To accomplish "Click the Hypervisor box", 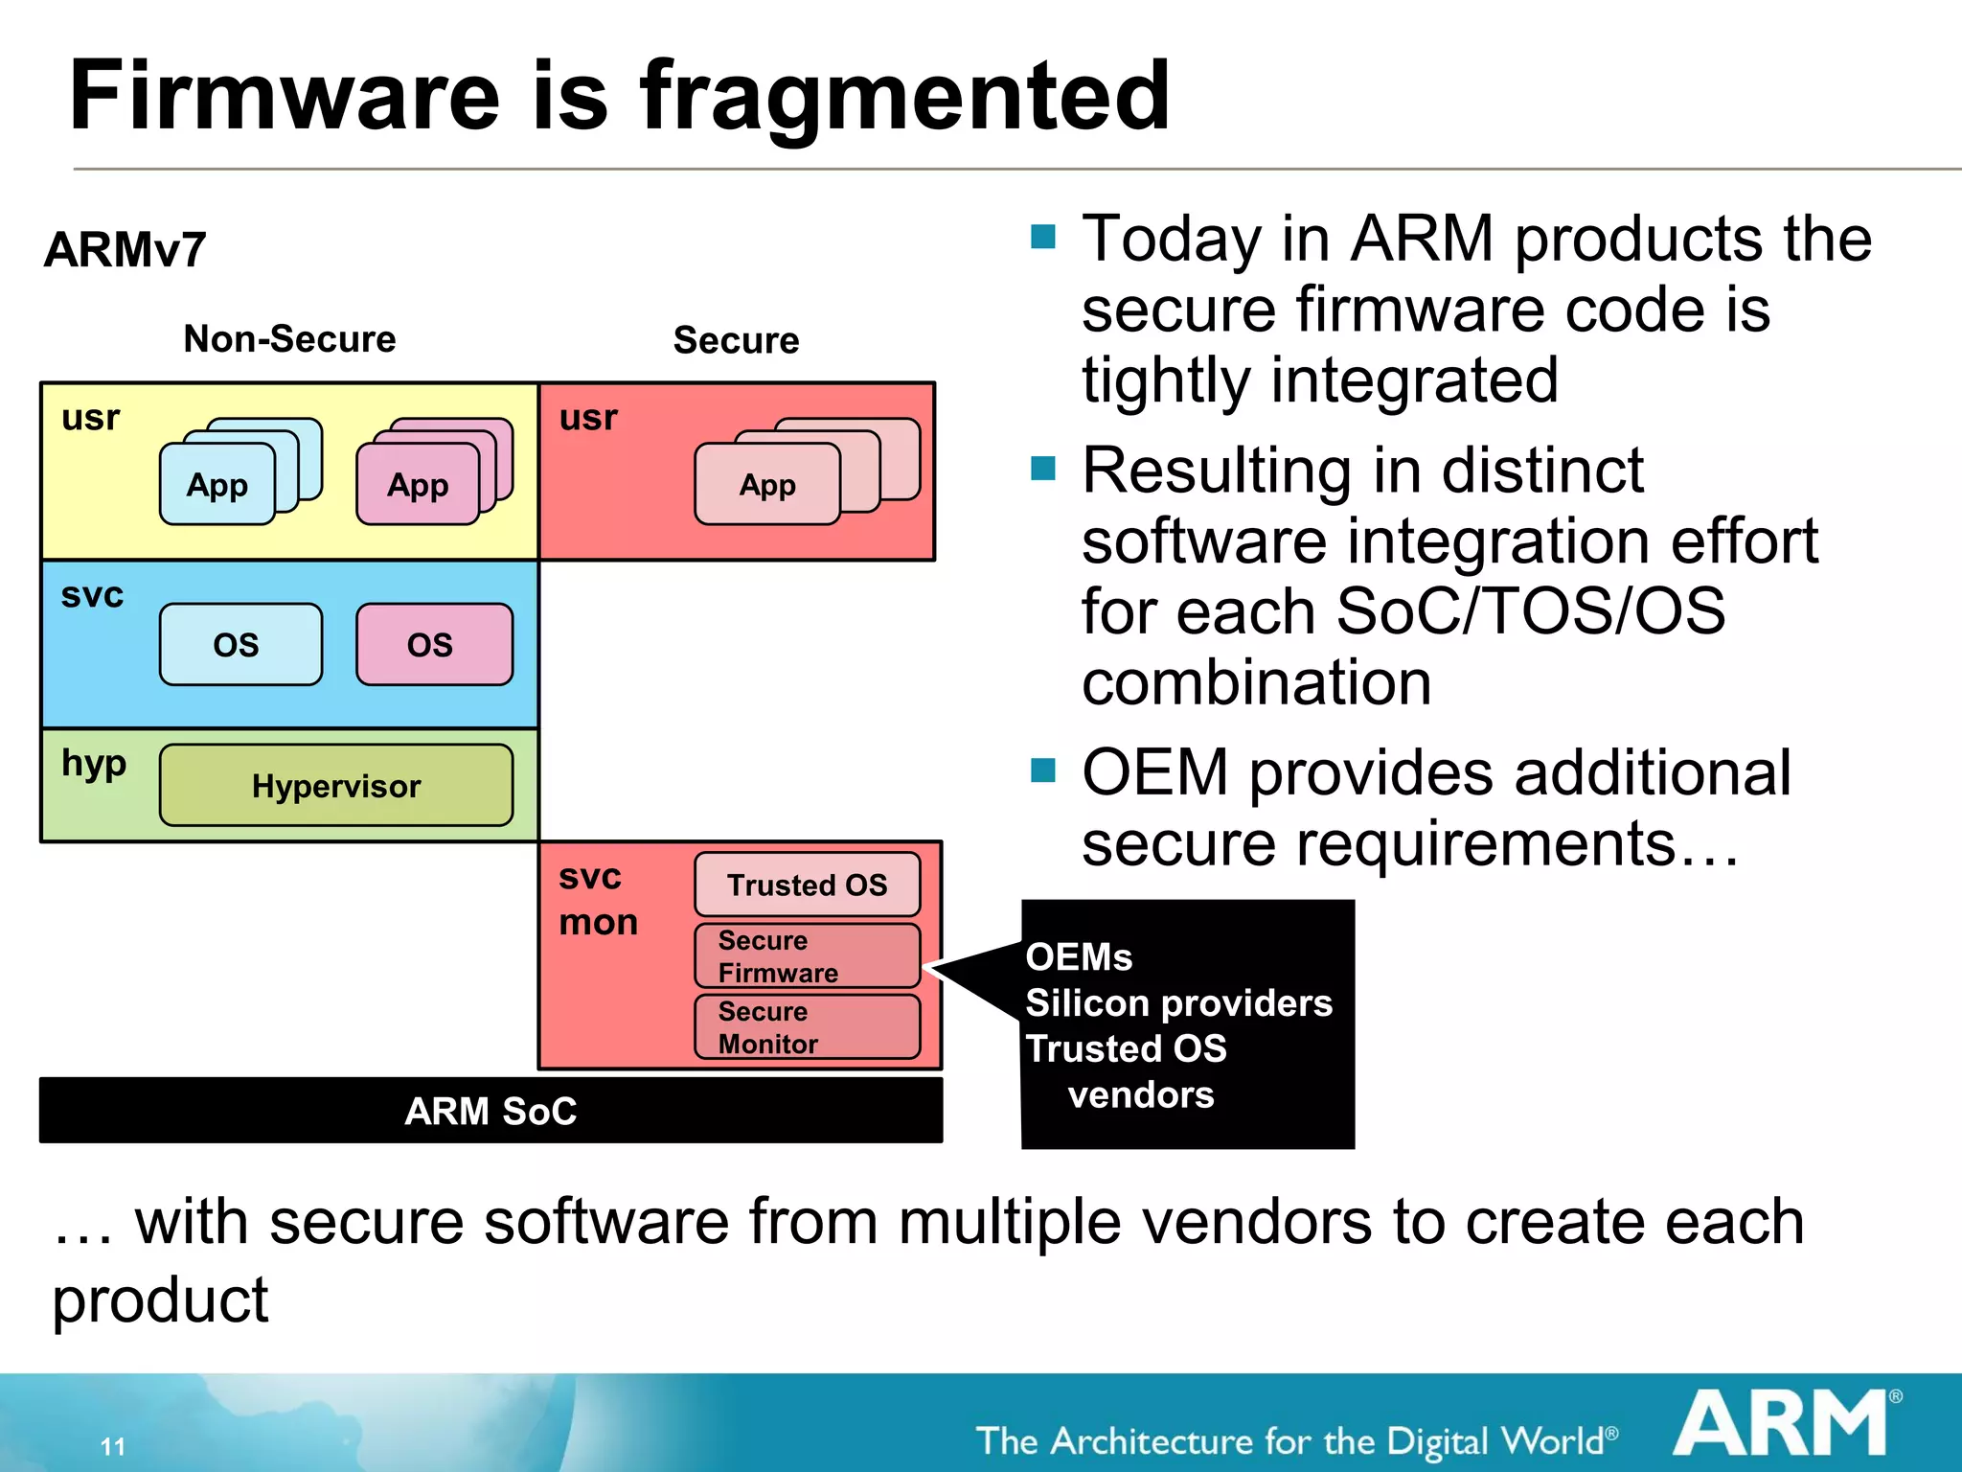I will pyautogui.click(x=336, y=786).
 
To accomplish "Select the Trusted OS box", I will pyautogui.click(x=807, y=885).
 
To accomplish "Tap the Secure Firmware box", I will pyautogui.click(x=807, y=956).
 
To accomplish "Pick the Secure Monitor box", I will pyautogui.click(x=807, y=1027).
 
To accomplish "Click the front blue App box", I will pyautogui.click(x=217, y=485).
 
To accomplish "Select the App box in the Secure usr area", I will pyautogui.click(x=767, y=485).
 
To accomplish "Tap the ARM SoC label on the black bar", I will pyautogui.click(x=490, y=1112).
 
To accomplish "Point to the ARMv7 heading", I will pyautogui.click(x=125, y=250).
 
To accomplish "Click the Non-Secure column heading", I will pyautogui.click(x=289, y=339).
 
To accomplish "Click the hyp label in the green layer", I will pyautogui.click(x=94, y=764).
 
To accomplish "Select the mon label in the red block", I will pyautogui.click(x=598, y=923).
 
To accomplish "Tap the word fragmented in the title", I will pyautogui.click(x=905, y=96).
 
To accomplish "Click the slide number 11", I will pyautogui.click(x=113, y=1446).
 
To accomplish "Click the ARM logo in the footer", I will pyautogui.click(x=1782, y=1425).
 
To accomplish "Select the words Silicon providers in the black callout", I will pyautogui.click(x=1178, y=1003).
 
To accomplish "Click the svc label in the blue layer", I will pyautogui.click(x=92, y=595).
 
